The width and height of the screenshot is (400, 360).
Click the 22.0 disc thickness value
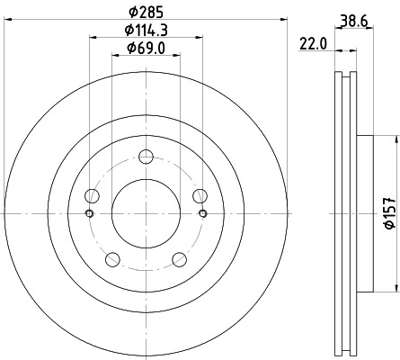coord(315,43)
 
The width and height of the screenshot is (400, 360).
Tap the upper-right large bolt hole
coord(199,194)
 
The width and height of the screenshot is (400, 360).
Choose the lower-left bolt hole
coord(112,259)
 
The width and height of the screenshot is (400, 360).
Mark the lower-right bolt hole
coord(179,259)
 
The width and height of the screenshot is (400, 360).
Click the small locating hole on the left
coord(88,213)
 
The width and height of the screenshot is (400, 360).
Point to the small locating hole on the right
coord(203,213)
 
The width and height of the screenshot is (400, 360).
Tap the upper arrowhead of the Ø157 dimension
coord(394,139)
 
